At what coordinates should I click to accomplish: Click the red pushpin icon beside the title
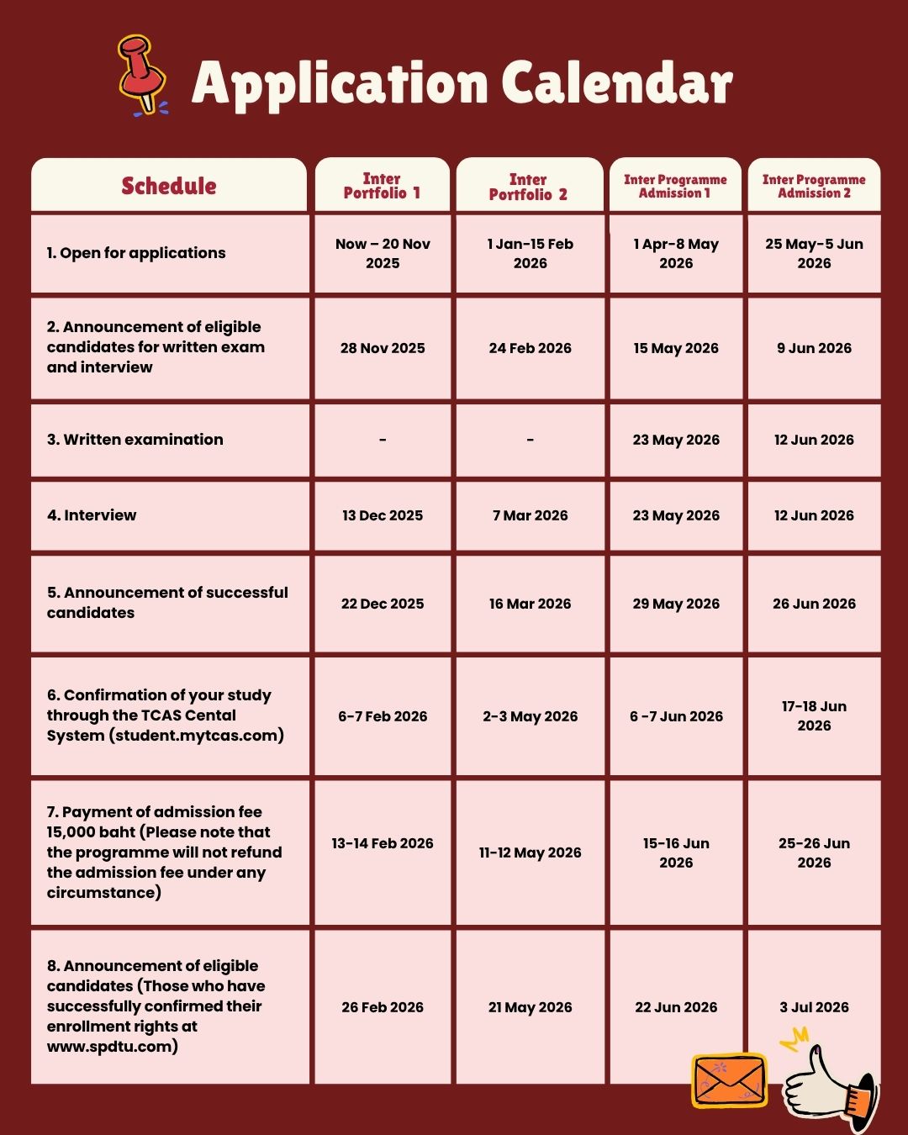(x=141, y=74)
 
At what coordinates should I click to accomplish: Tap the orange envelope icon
(x=729, y=1080)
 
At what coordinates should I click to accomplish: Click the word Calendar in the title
(x=617, y=84)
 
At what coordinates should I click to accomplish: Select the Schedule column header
(x=169, y=186)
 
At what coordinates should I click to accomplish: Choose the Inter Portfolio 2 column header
(x=529, y=187)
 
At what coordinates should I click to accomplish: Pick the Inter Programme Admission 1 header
(x=675, y=186)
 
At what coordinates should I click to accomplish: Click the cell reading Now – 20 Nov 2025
(x=383, y=253)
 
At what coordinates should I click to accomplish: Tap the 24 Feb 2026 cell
(x=530, y=348)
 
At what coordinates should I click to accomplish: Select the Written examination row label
(x=135, y=440)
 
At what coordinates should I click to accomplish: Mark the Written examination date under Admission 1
(x=676, y=440)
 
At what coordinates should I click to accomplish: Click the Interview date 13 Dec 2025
(x=383, y=515)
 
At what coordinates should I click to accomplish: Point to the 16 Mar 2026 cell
(x=530, y=604)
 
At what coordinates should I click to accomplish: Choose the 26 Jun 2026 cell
(x=814, y=604)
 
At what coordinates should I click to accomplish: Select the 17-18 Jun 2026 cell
(x=814, y=715)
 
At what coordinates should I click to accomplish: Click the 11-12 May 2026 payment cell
(x=530, y=853)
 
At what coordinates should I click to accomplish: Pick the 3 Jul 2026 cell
(x=814, y=1007)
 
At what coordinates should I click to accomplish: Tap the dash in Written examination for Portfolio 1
(x=383, y=440)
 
